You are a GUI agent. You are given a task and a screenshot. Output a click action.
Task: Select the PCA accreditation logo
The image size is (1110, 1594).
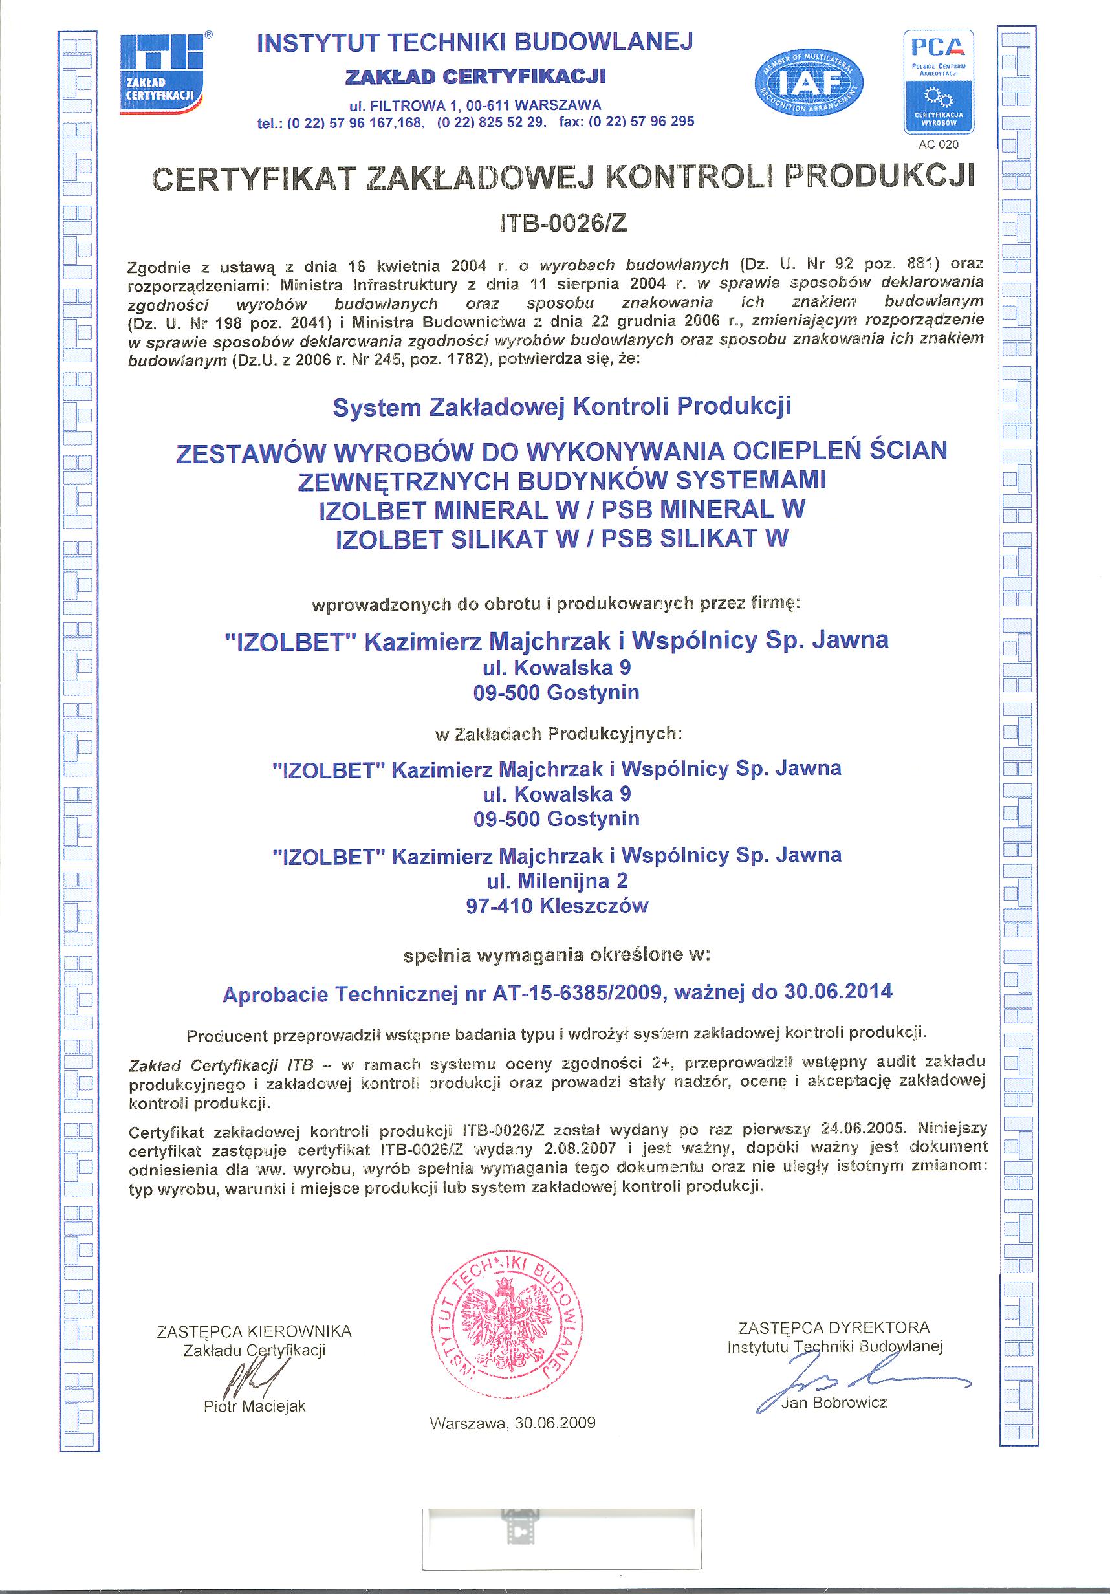point(938,82)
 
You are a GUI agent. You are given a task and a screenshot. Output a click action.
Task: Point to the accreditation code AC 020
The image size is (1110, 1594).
point(938,144)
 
